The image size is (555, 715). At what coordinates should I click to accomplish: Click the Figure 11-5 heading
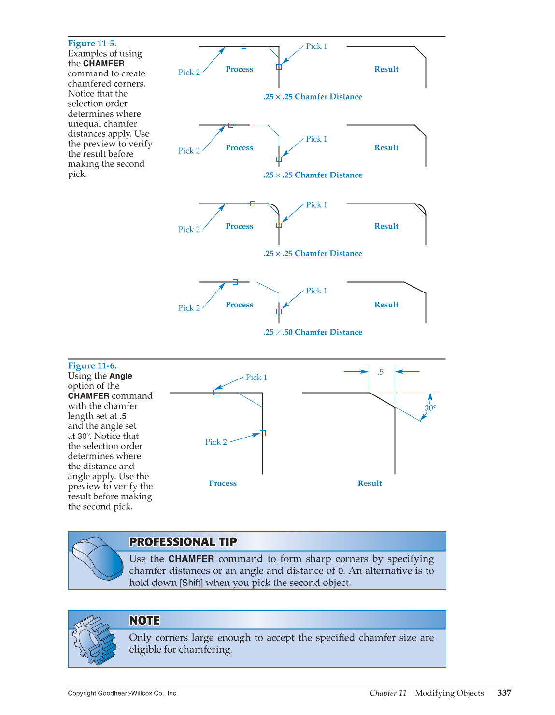click(x=92, y=44)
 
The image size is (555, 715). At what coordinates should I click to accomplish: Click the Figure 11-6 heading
click(x=92, y=366)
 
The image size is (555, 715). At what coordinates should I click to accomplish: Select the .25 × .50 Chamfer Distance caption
click(x=313, y=332)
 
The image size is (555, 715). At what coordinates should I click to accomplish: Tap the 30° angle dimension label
click(x=430, y=408)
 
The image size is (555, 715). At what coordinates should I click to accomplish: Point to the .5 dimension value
click(x=381, y=372)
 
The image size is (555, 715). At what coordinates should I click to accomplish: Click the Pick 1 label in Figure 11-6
click(x=256, y=378)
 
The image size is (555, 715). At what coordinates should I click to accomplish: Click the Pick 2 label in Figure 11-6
click(x=216, y=442)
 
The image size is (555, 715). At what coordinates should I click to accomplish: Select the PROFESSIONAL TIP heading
click(x=183, y=542)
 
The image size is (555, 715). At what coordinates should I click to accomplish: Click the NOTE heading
click(x=144, y=621)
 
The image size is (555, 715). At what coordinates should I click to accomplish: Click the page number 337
click(x=504, y=693)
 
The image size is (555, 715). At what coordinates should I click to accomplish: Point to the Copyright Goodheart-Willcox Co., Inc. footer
click(x=123, y=693)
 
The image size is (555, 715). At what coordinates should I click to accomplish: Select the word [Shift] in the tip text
click(x=191, y=583)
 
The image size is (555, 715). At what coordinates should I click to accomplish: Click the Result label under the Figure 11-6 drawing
click(x=370, y=483)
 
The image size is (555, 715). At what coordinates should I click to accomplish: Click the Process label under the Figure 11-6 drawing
click(x=223, y=483)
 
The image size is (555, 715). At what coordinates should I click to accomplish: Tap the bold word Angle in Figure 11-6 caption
click(x=120, y=376)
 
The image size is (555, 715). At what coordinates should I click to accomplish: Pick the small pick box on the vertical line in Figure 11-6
click(x=263, y=433)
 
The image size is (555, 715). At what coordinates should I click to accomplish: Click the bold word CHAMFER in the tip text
click(x=191, y=559)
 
